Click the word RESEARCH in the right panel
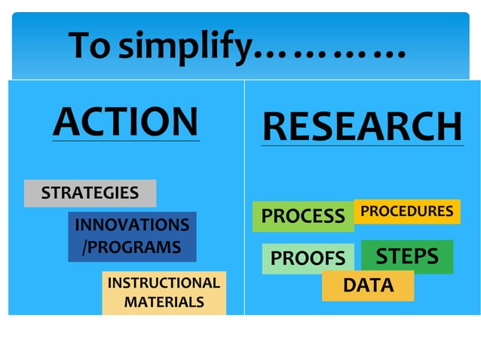(x=362, y=126)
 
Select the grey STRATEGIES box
(x=90, y=193)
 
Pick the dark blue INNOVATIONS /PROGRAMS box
(x=131, y=236)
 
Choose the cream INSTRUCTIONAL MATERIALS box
(x=164, y=293)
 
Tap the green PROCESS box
(x=302, y=216)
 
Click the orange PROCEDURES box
(x=406, y=212)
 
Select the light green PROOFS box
(x=308, y=258)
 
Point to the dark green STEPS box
(x=407, y=256)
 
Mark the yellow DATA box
(x=368, y=285)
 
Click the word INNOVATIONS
(x=131, y=225)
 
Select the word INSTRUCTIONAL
(x=164, y=283)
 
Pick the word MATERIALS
(x=164, y=303)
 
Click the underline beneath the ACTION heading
(x=126, y=141)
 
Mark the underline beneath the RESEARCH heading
(x=362, y=145)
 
